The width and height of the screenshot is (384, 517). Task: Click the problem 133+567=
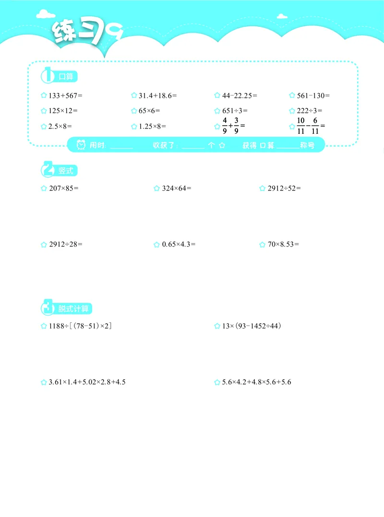pyautogui.click(x=66, y=95)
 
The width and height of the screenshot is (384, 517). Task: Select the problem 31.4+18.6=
pyautogui.click(x=157, y=95)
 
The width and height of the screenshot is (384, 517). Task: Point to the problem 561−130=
pyautogui.click(x=313, y=95)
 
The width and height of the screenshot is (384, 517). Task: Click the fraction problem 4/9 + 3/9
pyautogui.click(x=234, y=127)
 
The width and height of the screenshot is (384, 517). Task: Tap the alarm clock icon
pyautogui.click(x=81, y=145)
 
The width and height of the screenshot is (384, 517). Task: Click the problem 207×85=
pyautogui.click(x=64, y=188)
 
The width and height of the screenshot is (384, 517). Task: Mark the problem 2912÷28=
pyautogui.click(x=66, y=245)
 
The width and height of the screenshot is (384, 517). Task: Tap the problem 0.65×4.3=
pyautogui.click(x=179, y=245)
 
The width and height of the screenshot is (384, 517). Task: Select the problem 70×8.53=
pyautogui.click(x=283, y=245)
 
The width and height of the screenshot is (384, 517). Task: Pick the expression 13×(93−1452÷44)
pyautogui.click(x=252, y=327)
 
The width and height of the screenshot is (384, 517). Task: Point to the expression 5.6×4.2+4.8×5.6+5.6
pyautogui.click(x=257, y=383)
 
